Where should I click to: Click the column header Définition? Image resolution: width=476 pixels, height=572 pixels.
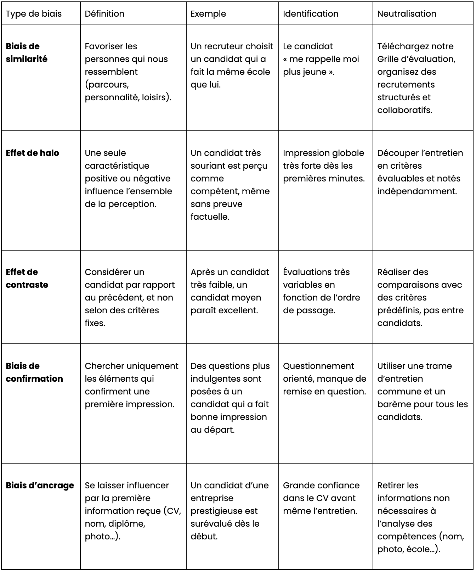(104, 14)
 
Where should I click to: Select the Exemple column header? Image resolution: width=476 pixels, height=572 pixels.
(208, 14)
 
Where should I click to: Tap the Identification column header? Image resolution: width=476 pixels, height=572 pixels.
(311, 14)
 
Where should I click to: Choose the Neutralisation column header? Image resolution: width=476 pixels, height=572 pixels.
(407, 14)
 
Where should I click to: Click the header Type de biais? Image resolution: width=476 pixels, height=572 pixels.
(34, 14)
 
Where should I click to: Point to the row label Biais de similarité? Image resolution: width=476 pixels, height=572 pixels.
(27, 52)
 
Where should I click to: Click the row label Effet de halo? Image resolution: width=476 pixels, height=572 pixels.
(32, 153)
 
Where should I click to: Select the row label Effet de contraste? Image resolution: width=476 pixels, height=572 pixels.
(27, 278)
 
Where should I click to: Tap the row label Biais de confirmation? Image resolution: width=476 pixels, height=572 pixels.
(34, 372)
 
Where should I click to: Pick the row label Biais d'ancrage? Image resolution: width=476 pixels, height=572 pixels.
(40, 485)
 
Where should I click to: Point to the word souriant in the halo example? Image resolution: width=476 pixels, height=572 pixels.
(208, 166)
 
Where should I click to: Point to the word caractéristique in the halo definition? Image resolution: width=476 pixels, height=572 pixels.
(117, 166)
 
